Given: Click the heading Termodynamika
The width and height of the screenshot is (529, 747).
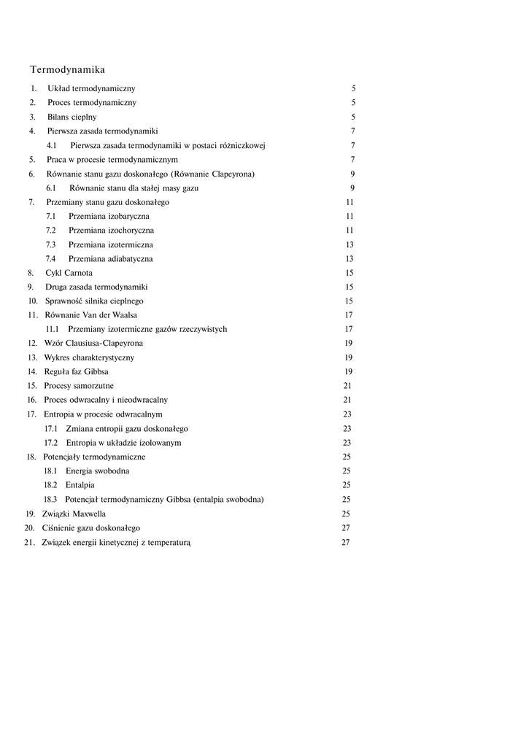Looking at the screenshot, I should (67, 70).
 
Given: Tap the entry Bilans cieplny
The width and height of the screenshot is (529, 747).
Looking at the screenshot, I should (72, 117).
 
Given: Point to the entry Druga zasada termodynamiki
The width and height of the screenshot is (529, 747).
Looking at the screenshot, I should (96, 287).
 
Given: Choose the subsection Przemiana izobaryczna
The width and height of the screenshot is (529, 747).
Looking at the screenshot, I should (109, 216).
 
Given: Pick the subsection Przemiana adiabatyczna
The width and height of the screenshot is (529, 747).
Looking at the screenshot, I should (110, 258).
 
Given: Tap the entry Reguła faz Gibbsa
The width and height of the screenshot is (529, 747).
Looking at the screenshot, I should (76, 371).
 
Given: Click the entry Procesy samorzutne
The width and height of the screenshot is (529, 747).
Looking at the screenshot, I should (79, 385).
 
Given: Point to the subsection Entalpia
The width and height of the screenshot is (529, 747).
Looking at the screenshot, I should (80, 484).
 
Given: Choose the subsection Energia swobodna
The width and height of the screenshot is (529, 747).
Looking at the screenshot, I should (98, 471).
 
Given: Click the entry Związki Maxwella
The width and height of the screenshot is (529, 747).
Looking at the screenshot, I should (74, 513).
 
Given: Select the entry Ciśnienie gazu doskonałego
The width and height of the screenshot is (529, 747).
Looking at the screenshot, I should (91, 527).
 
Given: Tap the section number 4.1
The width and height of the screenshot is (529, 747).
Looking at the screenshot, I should (52, 145).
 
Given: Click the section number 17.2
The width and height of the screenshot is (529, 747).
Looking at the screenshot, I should (50, 442).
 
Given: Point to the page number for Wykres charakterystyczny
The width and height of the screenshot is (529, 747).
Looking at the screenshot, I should (349, 357).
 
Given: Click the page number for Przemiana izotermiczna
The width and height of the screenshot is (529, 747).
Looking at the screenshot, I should (350, 244).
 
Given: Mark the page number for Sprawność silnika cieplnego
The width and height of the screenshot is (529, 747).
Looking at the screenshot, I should (350, 301).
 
